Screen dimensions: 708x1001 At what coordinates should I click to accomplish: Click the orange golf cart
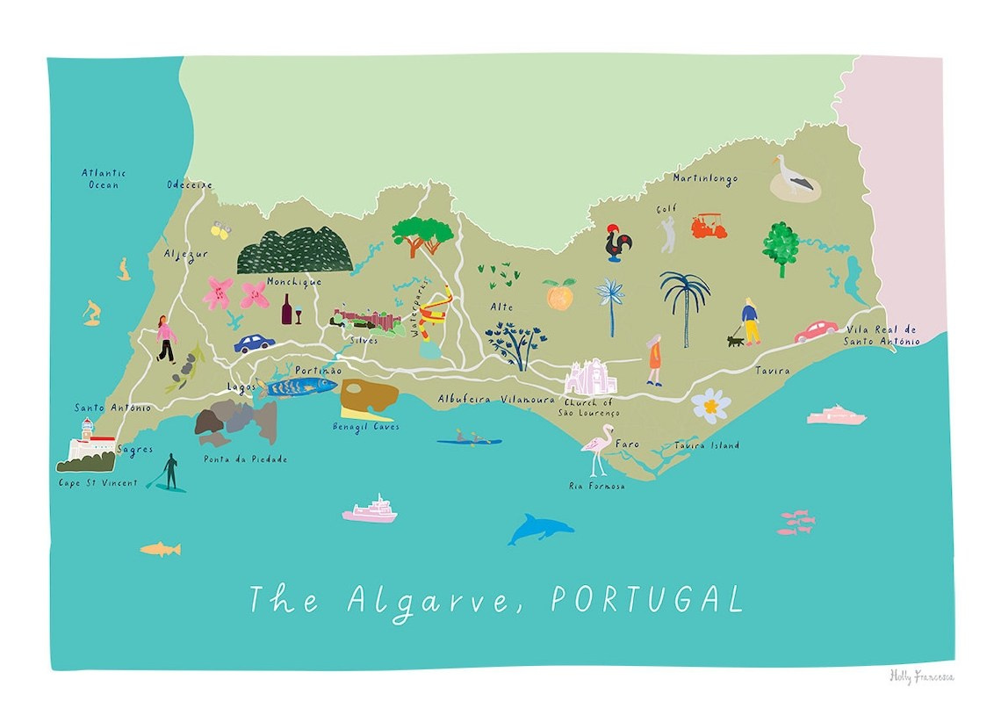click(x=709, y=227)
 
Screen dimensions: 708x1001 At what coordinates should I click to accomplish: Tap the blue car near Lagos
click(x=254, y=342)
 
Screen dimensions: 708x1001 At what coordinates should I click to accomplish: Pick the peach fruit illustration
click(x=558, y=295)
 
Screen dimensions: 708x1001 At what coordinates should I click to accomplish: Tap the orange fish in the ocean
click(x=161, y=549)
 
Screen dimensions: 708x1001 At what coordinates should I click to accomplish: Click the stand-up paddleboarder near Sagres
click(x=169, y=472)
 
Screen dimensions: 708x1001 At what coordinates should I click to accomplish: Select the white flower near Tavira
click(x=710, y=405)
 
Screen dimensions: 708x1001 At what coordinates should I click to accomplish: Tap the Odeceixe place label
click(x=189, y=184)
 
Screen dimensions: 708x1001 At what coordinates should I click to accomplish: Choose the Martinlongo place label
click(x=705, y=179)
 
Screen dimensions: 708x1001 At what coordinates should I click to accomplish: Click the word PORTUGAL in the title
click(x=646, y=599)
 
